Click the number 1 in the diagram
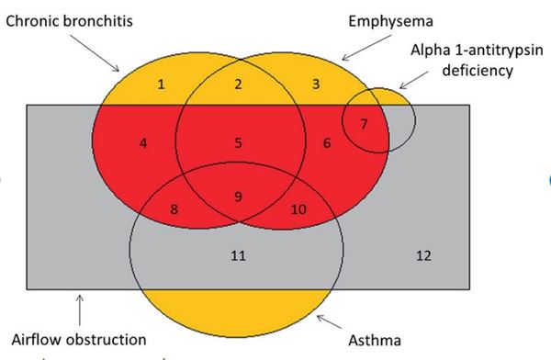(161, 84)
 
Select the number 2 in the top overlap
(238, 84)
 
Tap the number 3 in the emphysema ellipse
(315, 84)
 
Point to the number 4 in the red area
(143, 142)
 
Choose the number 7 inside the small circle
(364, 123)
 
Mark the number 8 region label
(174, 208)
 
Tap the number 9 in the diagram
(239, 196)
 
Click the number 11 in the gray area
(238, 254)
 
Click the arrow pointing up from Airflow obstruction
(80, 307)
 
